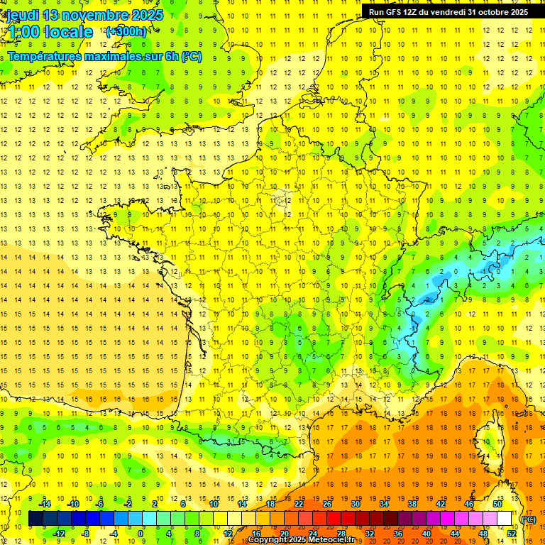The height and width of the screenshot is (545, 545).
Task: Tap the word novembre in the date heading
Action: (x=97, y=15)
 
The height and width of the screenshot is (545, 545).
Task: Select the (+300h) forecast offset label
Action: (x=126, y=32)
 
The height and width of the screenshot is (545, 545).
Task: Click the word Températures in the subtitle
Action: (x=46, y=57)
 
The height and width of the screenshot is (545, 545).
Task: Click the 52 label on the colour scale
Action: (x=512, y=534)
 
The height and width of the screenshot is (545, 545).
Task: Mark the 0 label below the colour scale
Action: (x=141, y=534)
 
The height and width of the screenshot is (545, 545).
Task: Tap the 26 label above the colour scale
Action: (x=326, y=504)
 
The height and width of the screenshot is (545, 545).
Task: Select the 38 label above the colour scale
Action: (x=412, y=504)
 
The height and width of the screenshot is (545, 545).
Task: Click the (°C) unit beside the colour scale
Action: (x=528, y=519)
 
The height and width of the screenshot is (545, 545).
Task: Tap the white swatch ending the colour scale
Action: (x=505, y=519)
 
